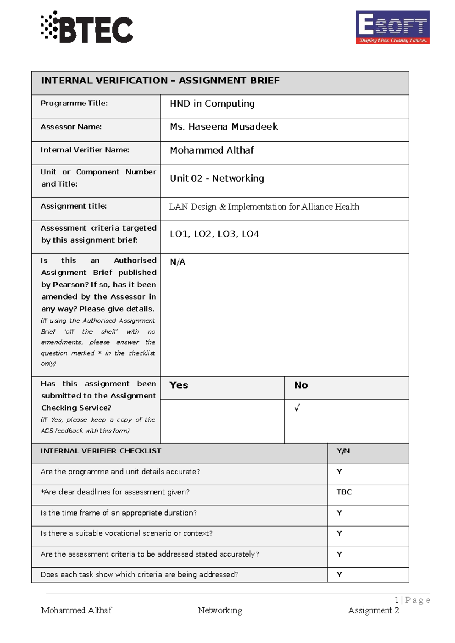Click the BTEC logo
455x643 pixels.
[87, 28]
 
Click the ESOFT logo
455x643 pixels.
[392, 27]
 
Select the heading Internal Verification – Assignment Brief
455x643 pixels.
[160, 80]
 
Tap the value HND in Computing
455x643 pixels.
[212, 104]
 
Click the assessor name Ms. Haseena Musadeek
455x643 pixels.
[224, 127]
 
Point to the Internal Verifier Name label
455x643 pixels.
[85, 150]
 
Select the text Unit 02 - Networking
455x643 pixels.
[217, 178]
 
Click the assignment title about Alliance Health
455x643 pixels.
[264, 207]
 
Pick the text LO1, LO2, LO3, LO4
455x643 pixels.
[214, 234]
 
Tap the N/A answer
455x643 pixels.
[177, 262]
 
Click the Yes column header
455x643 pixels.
[179, 385]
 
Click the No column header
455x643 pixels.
[301, 385]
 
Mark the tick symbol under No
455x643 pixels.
[297, 408]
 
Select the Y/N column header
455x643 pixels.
[343, 451]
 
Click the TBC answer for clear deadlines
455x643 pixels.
[344, 492]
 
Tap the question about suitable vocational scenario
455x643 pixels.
[127, 533]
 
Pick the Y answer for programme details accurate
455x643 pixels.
[339, 472]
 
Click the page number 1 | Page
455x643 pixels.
[412, 600]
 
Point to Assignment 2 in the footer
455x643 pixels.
[373, 610]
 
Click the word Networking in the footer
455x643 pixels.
[220, 610]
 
